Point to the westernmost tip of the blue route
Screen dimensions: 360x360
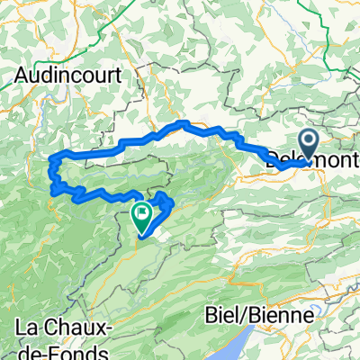coord(49,162)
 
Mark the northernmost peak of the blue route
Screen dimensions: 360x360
coord(184,122)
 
